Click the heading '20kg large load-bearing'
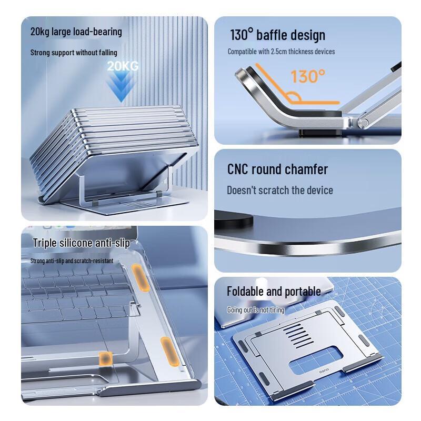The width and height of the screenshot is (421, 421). point(76,32)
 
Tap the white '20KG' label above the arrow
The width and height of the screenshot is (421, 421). point(122,66)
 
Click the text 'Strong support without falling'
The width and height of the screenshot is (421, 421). point(74,53)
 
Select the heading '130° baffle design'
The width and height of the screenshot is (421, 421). point(277,35)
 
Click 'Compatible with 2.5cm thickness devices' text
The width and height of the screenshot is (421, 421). point(281,52)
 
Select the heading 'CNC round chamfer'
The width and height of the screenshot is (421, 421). point(277,169)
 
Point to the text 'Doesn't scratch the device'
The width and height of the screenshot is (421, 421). point(279,190)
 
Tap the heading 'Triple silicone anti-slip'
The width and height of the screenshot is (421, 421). point(81,243)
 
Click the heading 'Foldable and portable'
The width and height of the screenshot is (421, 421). point(274,292)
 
